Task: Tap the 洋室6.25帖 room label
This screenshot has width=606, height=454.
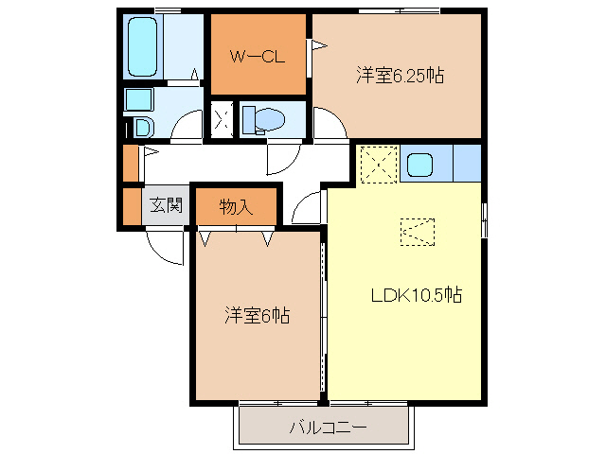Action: pyautogui.click(x=401, y=75)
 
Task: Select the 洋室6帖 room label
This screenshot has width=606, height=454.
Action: pyautogui.click(x=257, y=315)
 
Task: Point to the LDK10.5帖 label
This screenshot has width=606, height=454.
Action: pyautogui.click(x=416, y=295)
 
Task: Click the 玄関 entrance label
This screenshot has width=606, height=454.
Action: pyautogui.click(x=165, y=205)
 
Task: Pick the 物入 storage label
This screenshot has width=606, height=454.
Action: pyautogui.click(x=236, y=206)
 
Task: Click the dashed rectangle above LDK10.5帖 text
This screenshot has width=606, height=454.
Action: pyautogui.click(x=417, y=231)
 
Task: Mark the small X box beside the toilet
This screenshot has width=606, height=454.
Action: pyautogui.click(x=223, y=119)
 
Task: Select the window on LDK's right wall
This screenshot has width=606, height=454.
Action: pyautogui.click(x=484, y=220)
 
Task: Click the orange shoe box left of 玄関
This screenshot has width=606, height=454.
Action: pyautogui.click(x=131, y=205)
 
